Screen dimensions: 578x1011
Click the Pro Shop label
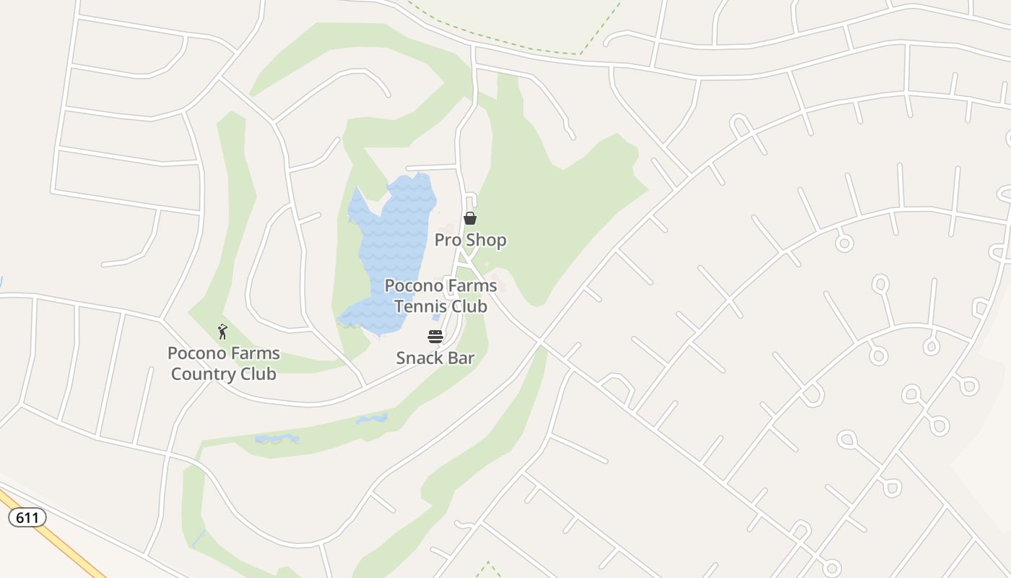pyautogui.click(x=470, y=240)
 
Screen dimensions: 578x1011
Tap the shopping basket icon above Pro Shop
pyautogui.click(x=470, y=218)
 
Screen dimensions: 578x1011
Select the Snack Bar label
pyautogui.click(x=435, y=358)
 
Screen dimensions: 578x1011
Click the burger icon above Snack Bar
pyautogui.click(x=435, y=337)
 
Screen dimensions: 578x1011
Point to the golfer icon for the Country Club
pyautogui.click(x=222, y=332)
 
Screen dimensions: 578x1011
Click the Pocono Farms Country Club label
pyautogui.click(x=224, y=363)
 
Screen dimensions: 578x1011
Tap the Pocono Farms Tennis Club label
pyautogui.click(x=441, y=296)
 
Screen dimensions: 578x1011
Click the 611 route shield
pyautogui.click(x=27, y=517)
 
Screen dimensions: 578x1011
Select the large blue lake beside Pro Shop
pyautogui.click(x=394, y=246)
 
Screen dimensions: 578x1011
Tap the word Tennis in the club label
pyautogui.click(x=419, y=306)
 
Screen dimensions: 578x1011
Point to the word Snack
pyautogui.click(x=420, y=358)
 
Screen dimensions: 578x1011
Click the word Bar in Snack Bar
pyautogui.click(x=461, y=358)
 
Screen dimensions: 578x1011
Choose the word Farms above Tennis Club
pyautogui.click(x=470, y=285)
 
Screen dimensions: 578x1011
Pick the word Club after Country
pyautogui.click(x=256, y=374)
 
